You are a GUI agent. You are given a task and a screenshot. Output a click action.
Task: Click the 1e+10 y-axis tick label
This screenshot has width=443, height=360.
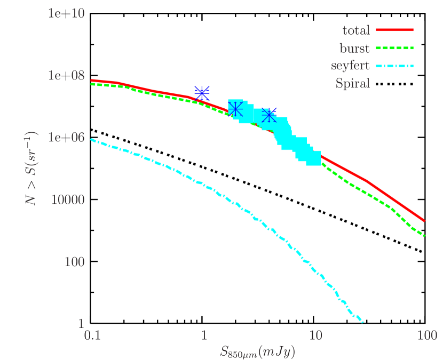pyautogui.click(x=66, y=13)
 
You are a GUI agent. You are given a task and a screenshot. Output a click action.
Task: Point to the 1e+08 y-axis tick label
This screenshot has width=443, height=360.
pyautogui.click(x=66, y=75)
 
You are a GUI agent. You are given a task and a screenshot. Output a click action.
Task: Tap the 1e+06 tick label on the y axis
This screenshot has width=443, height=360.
pyautogui.click(x=66, y=137)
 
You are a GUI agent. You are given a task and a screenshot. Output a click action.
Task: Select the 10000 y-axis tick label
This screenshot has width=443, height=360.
pyautogui.click(x=68, y=199)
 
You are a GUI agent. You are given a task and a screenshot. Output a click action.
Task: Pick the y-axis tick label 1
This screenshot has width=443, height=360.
pyautogui.click(x=81, y=324)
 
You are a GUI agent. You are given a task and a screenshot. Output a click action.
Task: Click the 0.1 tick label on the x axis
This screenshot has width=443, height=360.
pyautogui.click(x=92, y=335)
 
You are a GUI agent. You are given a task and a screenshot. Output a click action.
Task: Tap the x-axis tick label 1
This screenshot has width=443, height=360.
pyautogui.click(x=204, y=335)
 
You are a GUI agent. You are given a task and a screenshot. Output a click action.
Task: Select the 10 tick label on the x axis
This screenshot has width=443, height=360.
pyautogui.click(x=315, y=335)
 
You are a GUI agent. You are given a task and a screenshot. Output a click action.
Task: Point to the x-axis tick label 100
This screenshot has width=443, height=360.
pyautogui.click(x=426, y=335)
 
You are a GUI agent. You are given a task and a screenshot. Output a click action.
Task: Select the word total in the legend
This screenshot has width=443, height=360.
pyautogui.click(x=356, y=31)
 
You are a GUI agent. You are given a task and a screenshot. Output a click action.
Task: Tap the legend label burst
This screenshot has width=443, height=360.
pyautogui.click(x=355, y=49)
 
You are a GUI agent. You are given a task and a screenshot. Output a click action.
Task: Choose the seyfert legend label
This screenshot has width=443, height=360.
pyautogui.click(x=350, y=66)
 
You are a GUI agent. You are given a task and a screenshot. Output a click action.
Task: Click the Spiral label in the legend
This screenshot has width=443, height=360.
pyautogui.click(x=353, y=84)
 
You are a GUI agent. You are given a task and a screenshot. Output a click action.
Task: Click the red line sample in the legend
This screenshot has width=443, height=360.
pyautogui.click(x=395, y=30)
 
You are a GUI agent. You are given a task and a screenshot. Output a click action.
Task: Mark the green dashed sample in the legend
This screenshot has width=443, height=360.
pyautogui.click(x=395, y=48)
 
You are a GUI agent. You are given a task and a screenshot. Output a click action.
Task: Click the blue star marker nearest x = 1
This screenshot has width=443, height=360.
pyautogui.click(x=202, y=93)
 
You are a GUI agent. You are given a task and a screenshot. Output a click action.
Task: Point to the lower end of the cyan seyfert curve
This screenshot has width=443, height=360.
pyautogui.click(x=363, y=322)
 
